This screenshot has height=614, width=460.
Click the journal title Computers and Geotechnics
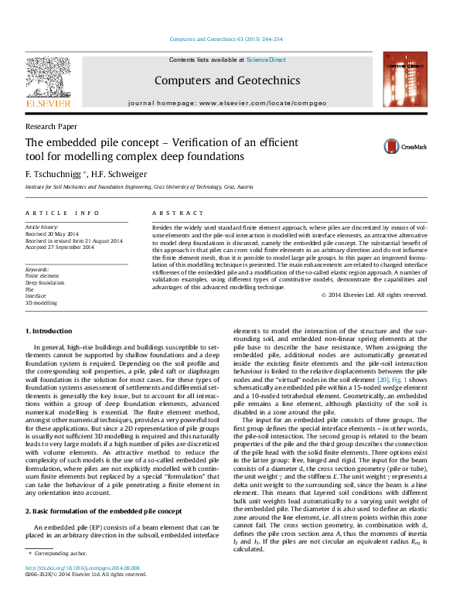point(229,80)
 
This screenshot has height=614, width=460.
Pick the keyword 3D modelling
point(41,303)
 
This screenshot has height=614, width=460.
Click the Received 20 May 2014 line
point(52,234)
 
